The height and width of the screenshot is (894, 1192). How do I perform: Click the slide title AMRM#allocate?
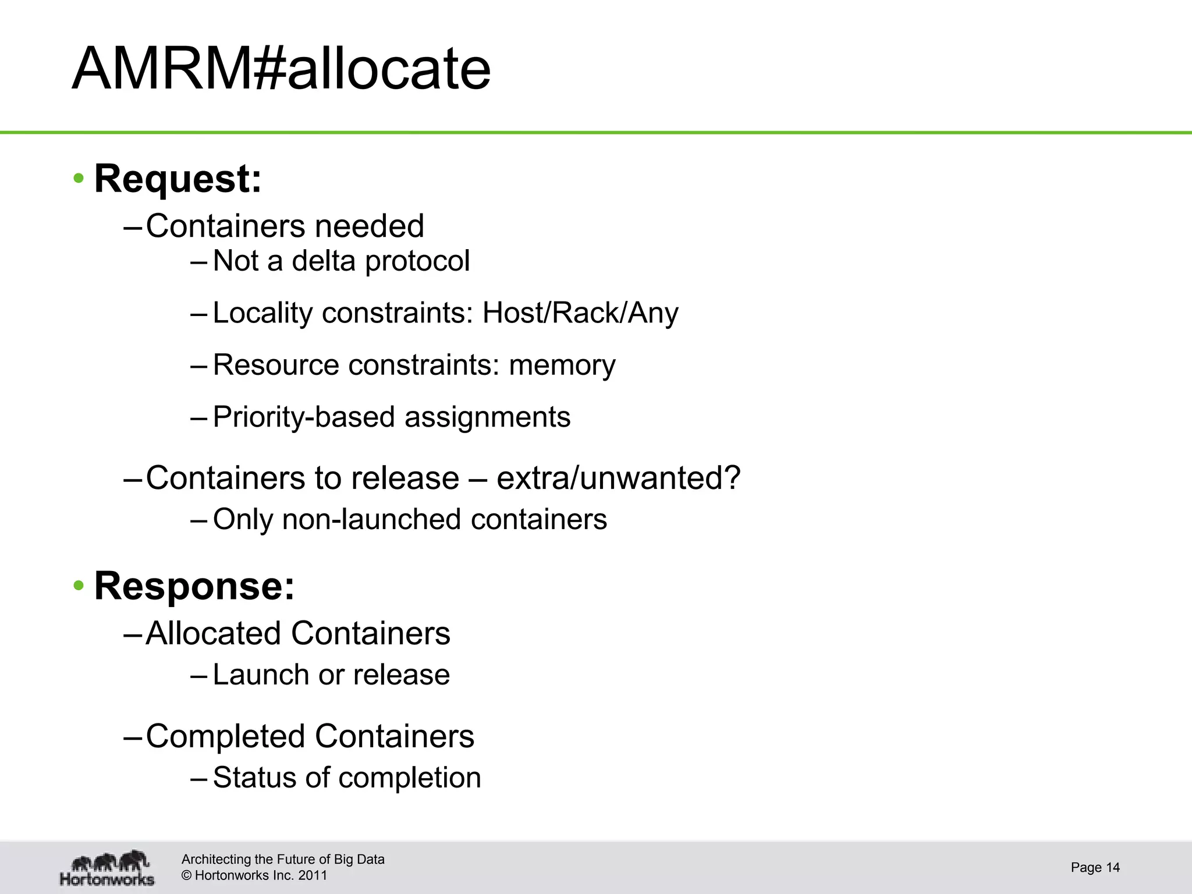click(281, 69)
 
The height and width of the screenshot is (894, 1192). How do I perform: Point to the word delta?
click(323, 261)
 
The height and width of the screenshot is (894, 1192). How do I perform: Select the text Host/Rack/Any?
click(580, 313)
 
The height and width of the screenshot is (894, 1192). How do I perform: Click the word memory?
click(562, 366)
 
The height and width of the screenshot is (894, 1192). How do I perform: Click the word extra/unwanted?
click(619, 478)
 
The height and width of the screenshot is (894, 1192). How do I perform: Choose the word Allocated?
click(213, 633)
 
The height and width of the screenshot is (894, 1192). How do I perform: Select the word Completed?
click(225, 736)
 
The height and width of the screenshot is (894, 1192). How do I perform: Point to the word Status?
click(254, 778)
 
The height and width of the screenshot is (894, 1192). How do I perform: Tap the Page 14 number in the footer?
click(1095, 868)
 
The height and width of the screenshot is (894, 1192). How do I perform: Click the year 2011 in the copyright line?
click(313, 875)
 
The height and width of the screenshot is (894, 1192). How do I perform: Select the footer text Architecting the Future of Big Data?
click(283, 860)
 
